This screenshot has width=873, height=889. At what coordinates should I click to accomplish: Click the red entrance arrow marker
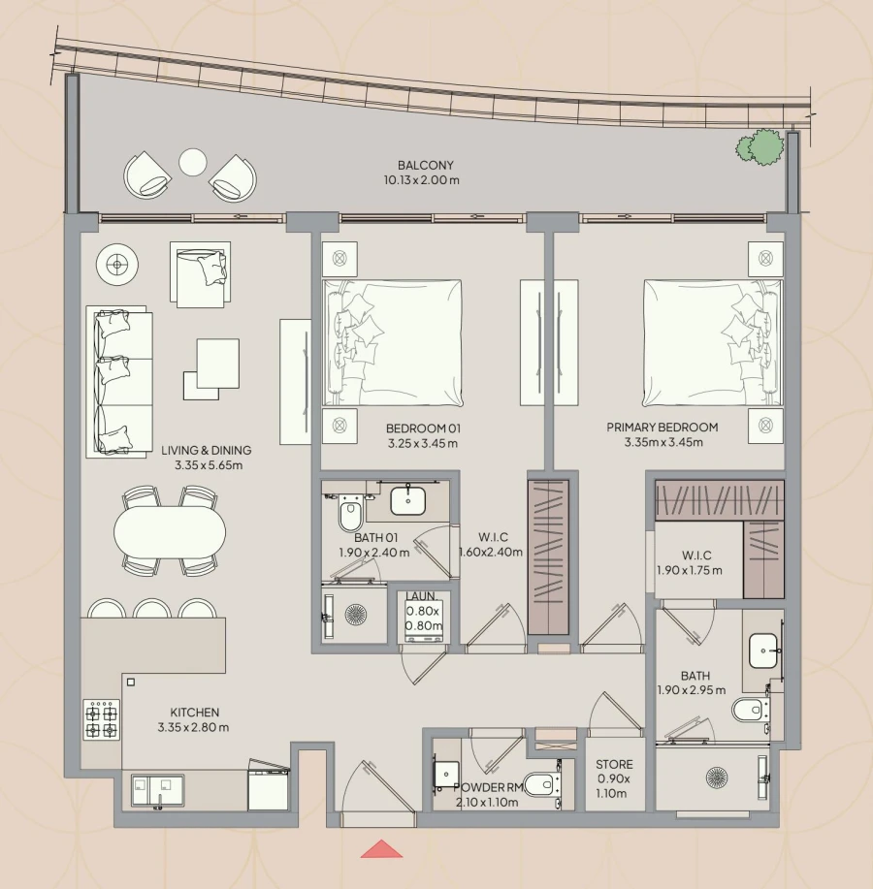tap(381, 849)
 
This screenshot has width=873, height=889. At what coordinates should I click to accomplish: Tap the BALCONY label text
tap(425, 166)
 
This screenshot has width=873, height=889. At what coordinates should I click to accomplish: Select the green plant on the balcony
tap(760, 146)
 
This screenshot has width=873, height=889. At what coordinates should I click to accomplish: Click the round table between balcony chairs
tap(193, 162)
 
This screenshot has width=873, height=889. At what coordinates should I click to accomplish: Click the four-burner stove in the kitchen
tap(101, 719)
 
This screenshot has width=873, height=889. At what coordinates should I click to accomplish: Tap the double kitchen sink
tap(156, 789)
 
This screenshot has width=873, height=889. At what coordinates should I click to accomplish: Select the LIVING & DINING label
tap(208, 451)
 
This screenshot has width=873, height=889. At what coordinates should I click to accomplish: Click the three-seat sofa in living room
tap(120, 381)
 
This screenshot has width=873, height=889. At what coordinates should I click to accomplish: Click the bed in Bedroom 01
tap(393, 342)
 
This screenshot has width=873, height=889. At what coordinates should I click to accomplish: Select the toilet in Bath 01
tap(349, 513)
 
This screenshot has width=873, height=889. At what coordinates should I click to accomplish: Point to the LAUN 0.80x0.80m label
tap(423, 611)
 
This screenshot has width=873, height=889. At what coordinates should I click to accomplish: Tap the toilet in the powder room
tap(544, 783)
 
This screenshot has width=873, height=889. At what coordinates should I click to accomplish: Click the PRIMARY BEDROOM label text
tap(663, 427)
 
